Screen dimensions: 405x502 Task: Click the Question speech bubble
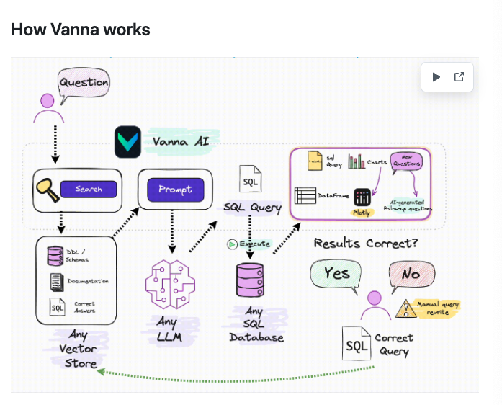click(x=84, y=83)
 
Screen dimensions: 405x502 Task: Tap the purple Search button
click(x=89, y=190)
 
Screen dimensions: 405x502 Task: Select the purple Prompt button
click(x=175, y=190)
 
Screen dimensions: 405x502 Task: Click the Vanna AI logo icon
click(x=127, y=142)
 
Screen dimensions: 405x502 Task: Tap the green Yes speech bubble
click(x=336, y=275)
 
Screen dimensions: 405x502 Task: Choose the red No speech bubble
click(x=411, y=275)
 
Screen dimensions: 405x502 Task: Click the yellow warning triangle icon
click(x=407, y=308)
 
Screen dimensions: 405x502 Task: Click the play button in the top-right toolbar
click(x=436, y=77)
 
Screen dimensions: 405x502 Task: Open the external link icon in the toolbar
click(x=459, y=77)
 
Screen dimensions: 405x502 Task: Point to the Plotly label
click(x=362, y=213)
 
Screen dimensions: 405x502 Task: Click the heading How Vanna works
click(x=81, y=30)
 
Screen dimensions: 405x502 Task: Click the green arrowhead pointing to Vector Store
click(x=102, y=372)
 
